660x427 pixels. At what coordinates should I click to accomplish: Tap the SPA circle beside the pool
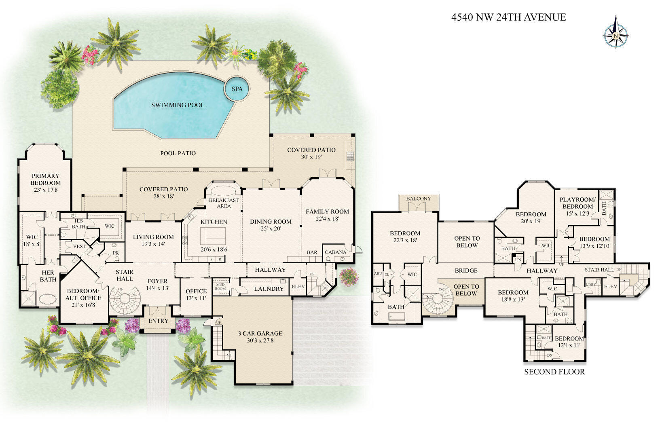pyautogui.click(x=237, y=89)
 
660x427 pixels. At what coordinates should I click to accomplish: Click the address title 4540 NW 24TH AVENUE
pyautogui.click(x=508, y=17)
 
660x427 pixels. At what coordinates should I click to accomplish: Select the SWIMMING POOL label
pyautogui.click(x=178, y=105)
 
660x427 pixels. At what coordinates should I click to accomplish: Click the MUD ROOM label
pyautogui.click(x=220, y=286)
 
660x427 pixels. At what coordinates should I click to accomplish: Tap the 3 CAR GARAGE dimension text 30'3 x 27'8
pyautogui.click(x=260, y=341)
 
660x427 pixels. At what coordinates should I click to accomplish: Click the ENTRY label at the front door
pyautogui.click(x=159, y=321)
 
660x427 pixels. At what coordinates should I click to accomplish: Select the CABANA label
pyautogui.click(x=335, y=252)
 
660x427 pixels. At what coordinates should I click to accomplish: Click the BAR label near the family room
pyautogui.click(x=312, y=252)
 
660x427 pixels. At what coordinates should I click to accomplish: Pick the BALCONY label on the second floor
pyautogui.click(x=419, y=199)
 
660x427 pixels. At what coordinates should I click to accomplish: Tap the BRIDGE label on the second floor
pyautogui.click(x=466, y=271)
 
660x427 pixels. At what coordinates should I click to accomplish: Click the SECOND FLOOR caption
pyautogui.click(x=554, y=372)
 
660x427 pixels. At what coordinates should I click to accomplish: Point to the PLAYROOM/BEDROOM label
pyautogui.click(x=577, y=203)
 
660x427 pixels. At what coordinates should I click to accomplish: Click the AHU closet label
pyautogui.click(x=378, y=274)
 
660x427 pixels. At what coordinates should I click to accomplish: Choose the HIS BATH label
pyautogui.click(x=79, y=224)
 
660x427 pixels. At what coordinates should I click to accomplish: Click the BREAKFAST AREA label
pyautogui.click(x=224, y=203)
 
